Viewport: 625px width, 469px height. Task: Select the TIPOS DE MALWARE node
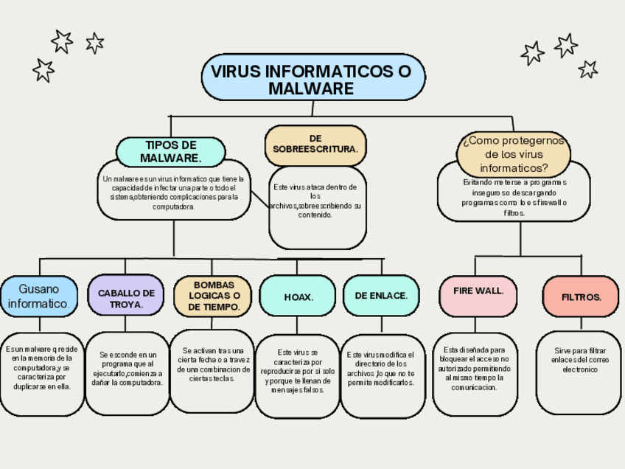coord(170,152)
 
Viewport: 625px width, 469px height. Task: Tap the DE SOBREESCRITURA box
coord(315,144)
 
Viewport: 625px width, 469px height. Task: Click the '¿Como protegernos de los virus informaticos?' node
coord(513,154)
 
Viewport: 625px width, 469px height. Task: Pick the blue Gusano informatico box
coord(38,296)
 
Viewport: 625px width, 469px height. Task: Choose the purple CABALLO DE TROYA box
coord(125,298)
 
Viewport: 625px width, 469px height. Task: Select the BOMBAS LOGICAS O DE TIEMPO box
coord(213,296)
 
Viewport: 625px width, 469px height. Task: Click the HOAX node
coord(298,297)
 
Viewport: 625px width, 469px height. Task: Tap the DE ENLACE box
coord(381,296)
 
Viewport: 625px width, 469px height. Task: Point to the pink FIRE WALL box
coord(478,291)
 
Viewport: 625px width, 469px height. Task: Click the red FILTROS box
coord(581,297)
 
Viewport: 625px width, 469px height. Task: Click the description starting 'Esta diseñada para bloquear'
coord(474,368)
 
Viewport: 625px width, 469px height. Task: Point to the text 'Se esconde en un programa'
coord(128,369)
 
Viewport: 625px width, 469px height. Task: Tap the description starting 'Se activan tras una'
coord(212,364)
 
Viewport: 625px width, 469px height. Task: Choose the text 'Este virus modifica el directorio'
coord(381,369)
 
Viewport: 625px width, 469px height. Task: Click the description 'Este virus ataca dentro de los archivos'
coord(316,201)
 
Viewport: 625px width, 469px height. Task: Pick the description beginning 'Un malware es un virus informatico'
coord(174,192)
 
